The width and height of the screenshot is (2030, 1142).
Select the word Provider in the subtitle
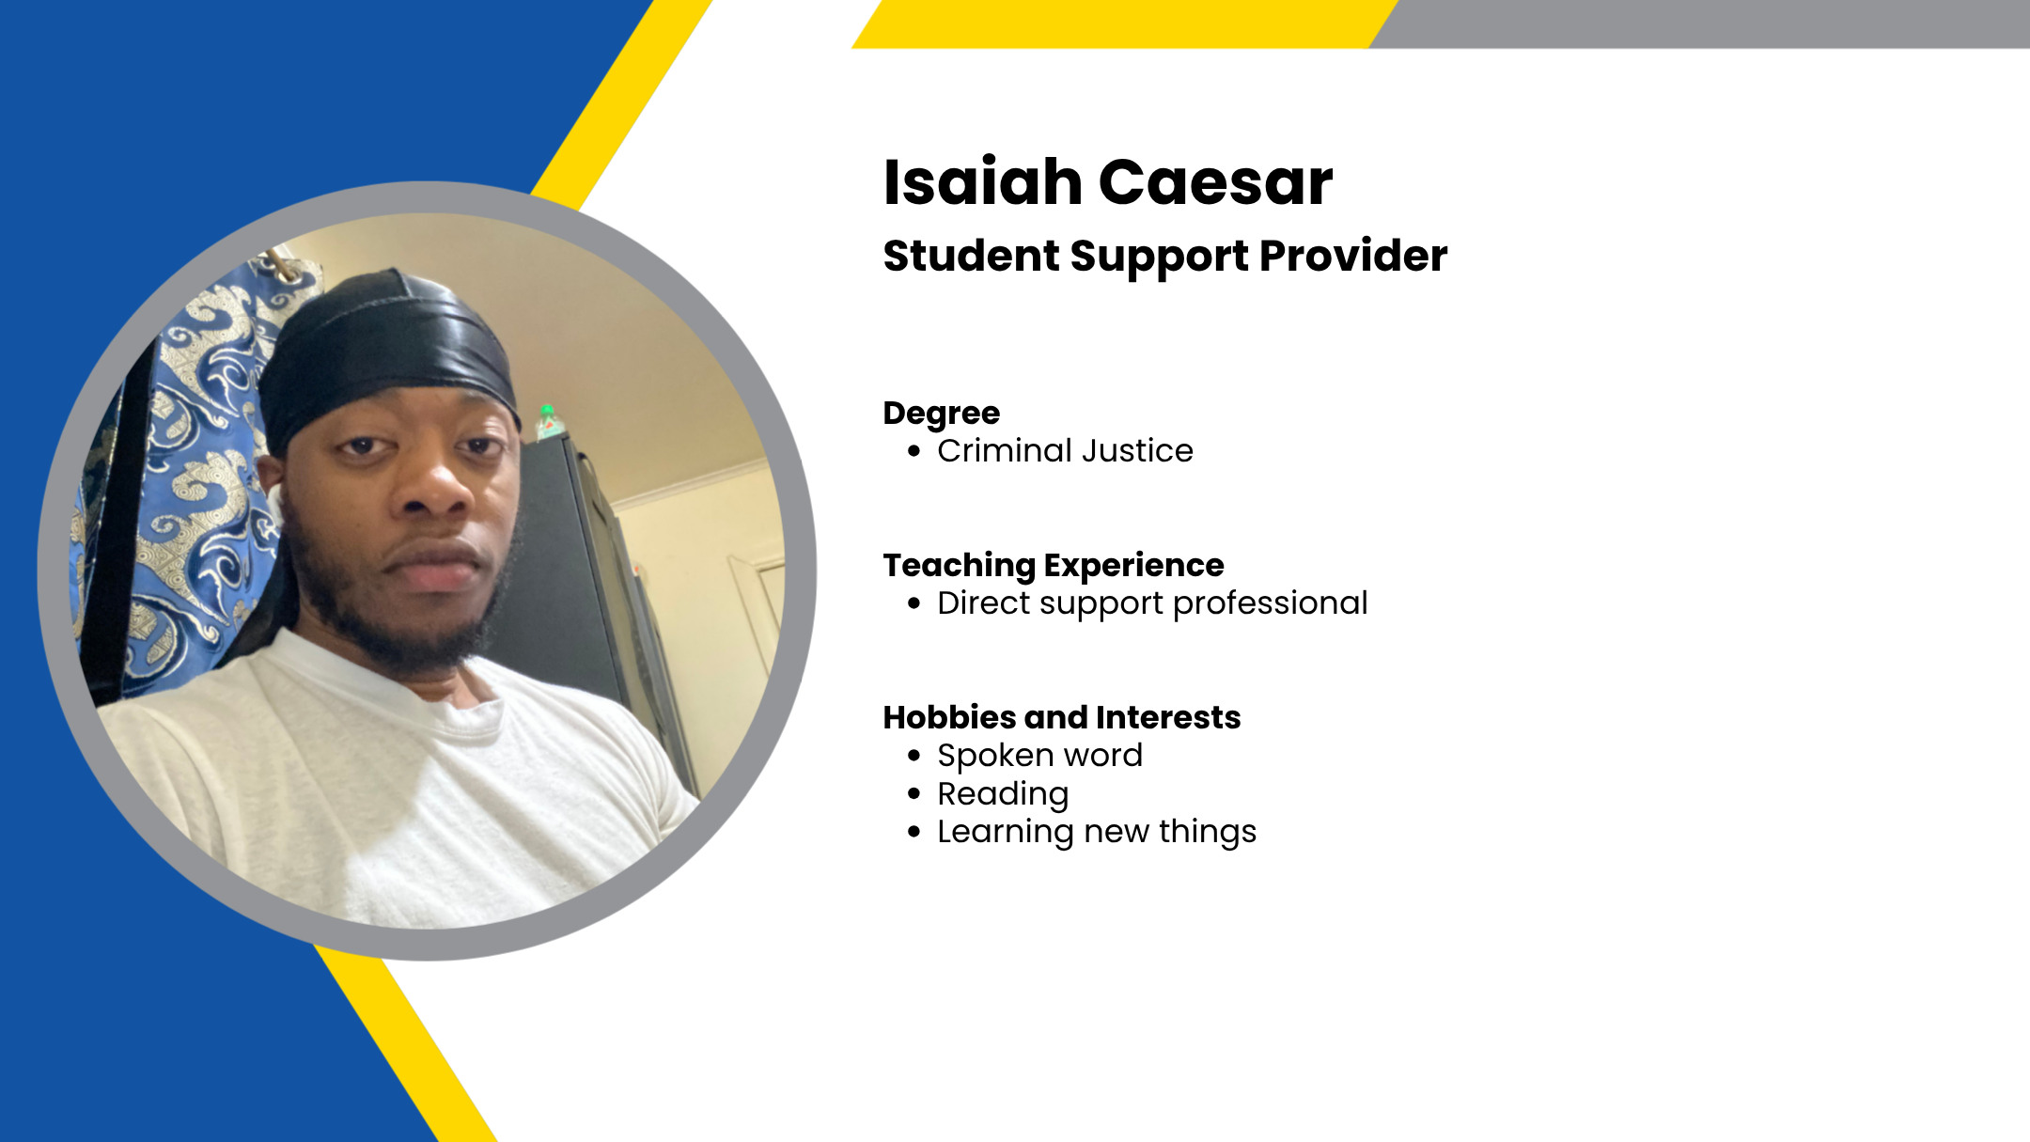click(1353, 256)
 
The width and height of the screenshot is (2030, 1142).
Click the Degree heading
click(942, 414)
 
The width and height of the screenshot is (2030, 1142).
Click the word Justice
click(1137, 451)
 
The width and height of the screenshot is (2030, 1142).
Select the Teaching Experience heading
click(1054, 566)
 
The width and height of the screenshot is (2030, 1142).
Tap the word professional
click(1271, 603)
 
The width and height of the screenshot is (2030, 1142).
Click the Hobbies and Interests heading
click(1062, 717)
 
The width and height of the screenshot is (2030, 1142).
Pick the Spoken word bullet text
click(1040, 756)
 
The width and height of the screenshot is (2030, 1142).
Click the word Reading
click(1003, 794)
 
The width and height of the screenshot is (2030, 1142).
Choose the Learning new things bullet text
click(1097, 832)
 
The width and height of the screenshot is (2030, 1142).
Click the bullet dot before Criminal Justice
click(914, 451)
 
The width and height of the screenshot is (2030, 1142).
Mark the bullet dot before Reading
click(914, 794)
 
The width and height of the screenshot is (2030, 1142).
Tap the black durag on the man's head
click(385, 357)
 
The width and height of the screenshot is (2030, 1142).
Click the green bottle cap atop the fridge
click(546, 411)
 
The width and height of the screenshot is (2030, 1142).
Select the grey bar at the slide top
click(1699, 23)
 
